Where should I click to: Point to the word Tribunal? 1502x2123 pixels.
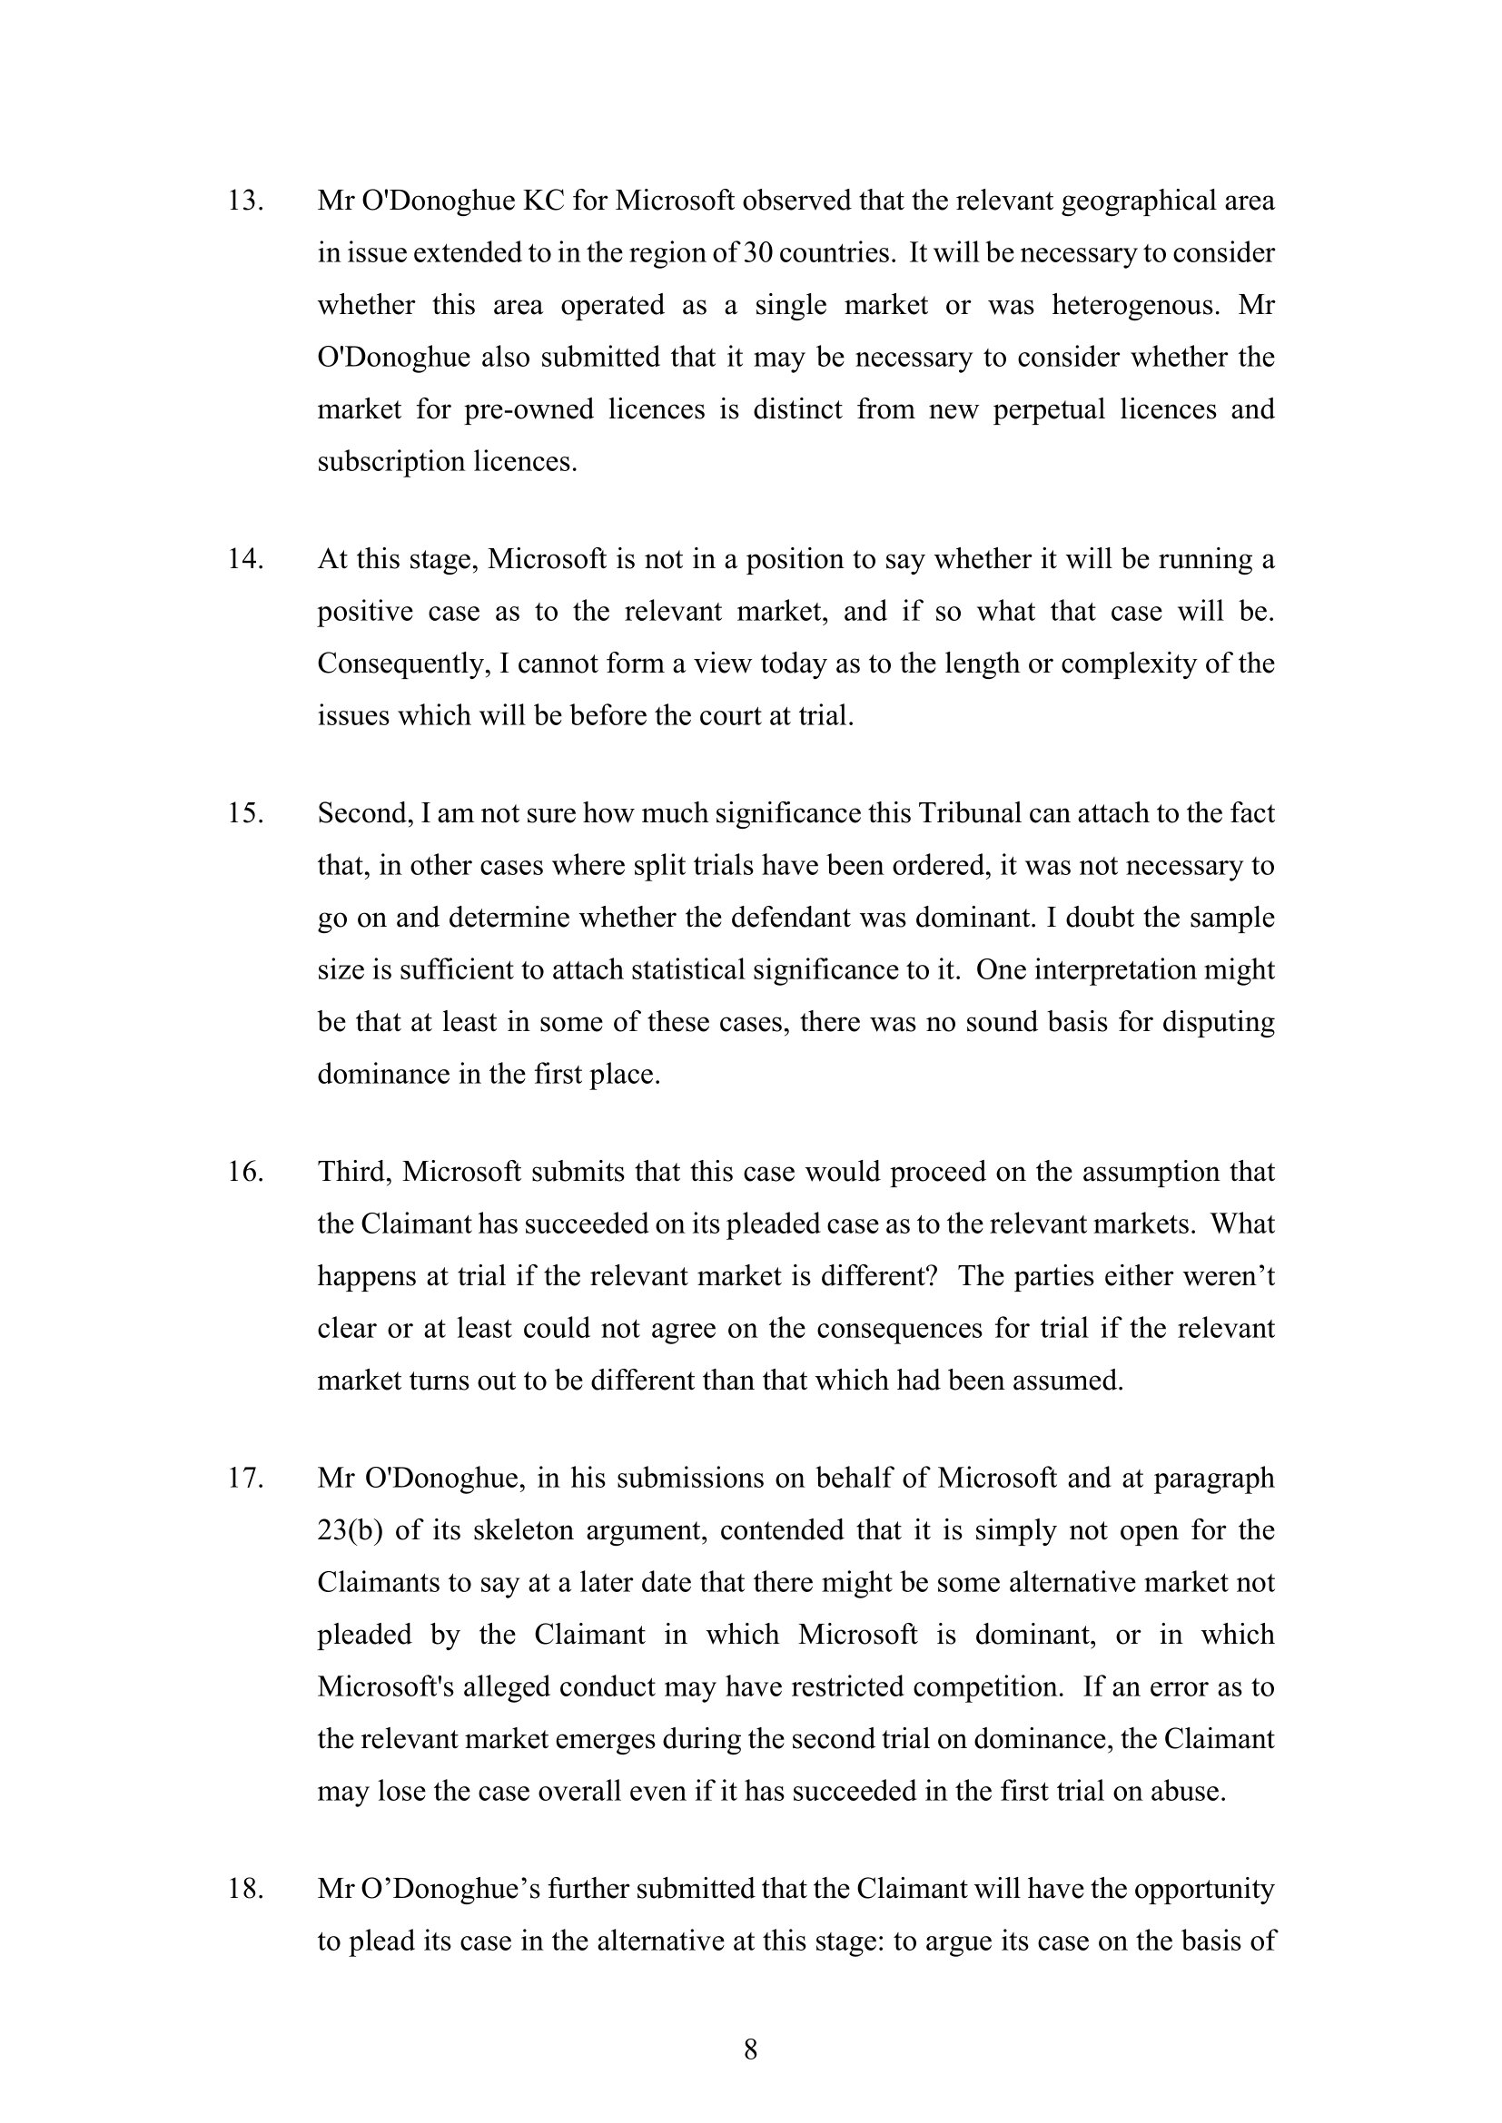(x=970, y=813)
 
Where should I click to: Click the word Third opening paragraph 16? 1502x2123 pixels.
(x=355, y=1172)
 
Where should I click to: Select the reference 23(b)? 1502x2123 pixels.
(x=350, y=1530)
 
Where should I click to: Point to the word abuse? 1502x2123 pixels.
(x=1187, y=1791)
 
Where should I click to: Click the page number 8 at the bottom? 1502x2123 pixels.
(x=751, y=2051)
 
